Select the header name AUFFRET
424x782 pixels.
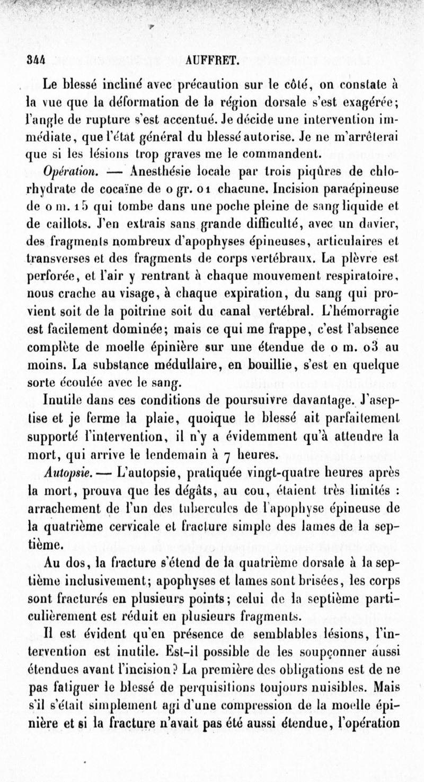pos(214,60)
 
